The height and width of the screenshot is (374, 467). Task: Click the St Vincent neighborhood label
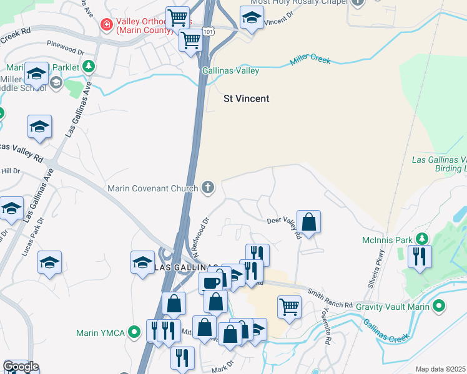(x=247, y=98)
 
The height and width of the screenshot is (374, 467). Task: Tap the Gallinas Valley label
(x=230, y=71)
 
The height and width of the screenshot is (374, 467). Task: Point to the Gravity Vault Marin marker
(x=439, y=306)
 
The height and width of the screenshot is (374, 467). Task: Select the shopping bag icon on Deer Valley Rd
(x=308, y=221)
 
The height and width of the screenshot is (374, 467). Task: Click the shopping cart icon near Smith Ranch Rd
(x=290, y=307)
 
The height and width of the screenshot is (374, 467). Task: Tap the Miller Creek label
(x=310, y=61)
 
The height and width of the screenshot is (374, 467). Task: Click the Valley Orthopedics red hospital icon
(x=106, y=24)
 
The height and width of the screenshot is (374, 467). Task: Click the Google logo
(x=20, y=367)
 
